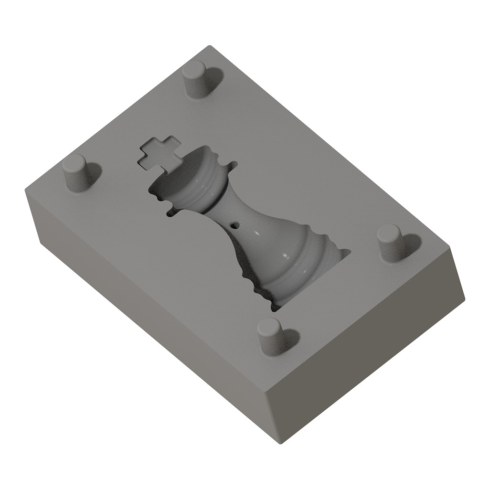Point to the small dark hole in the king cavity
[x=234, y=224]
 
